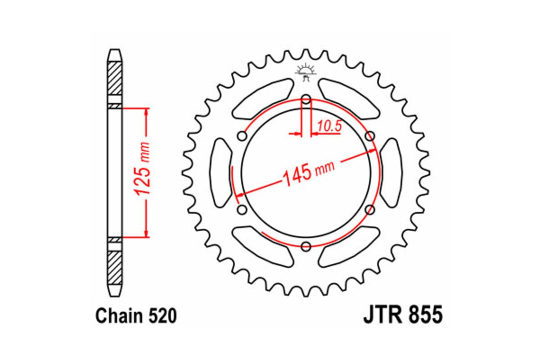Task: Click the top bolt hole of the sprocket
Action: pyautogui.click(x=306, y=99)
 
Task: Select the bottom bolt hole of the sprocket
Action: pyautogui.click(x=306, y=246)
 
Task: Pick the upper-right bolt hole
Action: pyautogui.click(x=370, y=136)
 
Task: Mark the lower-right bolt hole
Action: pyautogui.click(x=370, y=210)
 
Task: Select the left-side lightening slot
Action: pyautogui.click(x=221, y=173)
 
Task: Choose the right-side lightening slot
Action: pyautogui.click(x=391, y=173)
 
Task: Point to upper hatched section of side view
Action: pyautogui.click(x=115, y=77)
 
